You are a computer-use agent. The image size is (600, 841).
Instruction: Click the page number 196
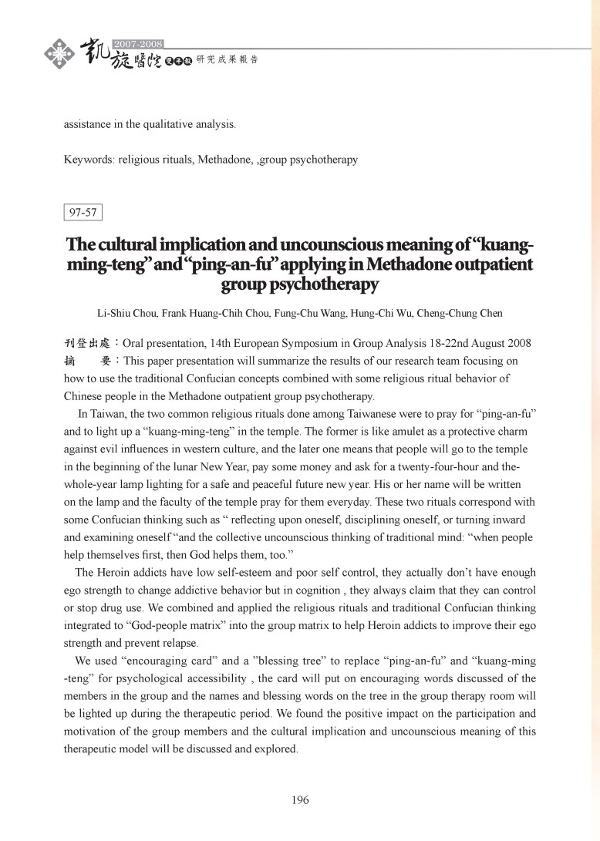300,799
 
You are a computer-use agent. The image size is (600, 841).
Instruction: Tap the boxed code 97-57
83,211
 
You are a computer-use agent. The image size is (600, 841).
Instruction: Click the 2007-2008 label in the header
143,42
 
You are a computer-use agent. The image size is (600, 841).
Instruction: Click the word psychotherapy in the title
300,285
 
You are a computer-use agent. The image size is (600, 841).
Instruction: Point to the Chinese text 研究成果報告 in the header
228,59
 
